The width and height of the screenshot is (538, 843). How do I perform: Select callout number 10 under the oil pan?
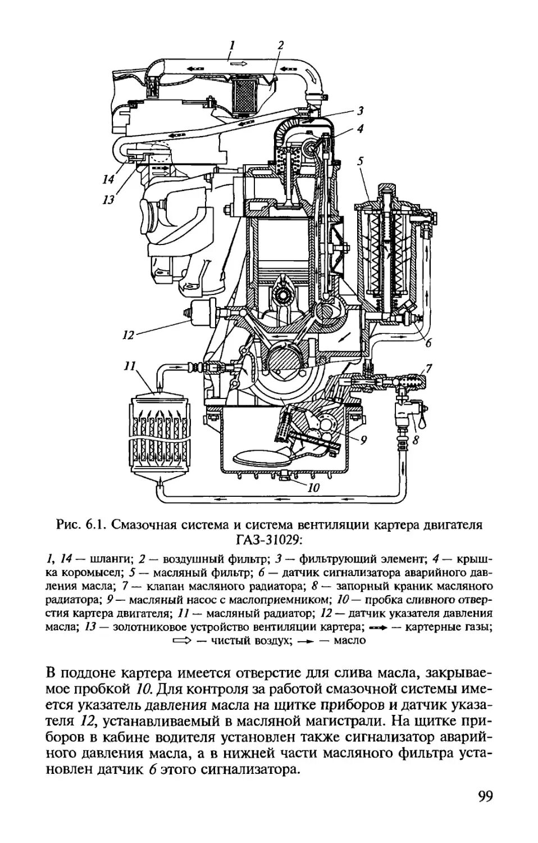pos(314,488)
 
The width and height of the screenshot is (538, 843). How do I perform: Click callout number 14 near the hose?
pos(108,179)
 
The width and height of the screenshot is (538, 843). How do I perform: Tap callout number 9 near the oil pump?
pos(363,440)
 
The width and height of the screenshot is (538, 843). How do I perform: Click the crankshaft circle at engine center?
pos(284,366)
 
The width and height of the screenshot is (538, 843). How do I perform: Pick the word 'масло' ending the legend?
pos(350,640)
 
